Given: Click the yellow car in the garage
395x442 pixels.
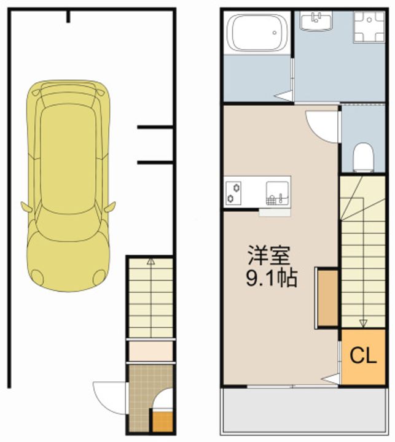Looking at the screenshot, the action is point(68,186).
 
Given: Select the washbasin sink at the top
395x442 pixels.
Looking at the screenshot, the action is point(316,21).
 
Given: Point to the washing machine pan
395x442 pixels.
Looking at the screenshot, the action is point(369,26).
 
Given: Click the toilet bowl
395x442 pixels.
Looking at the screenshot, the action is point(363,157).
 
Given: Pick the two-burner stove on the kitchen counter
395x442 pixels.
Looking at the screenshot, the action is point(233,193).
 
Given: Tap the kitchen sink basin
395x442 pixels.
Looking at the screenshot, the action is point(277,193).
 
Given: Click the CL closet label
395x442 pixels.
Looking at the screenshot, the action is point(363,355).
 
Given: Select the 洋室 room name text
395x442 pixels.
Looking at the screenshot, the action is point(269,255).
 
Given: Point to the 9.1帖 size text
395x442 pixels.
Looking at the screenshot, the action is point(272,278).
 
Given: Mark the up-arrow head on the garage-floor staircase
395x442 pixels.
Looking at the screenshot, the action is point(151,262).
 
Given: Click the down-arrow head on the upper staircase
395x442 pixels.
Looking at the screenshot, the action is point(364,323).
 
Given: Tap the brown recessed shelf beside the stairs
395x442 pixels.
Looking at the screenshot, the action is point(327,298).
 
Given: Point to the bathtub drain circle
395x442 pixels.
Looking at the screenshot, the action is point(275,33).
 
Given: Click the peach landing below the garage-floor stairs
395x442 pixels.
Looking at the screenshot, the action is point(151,351).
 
